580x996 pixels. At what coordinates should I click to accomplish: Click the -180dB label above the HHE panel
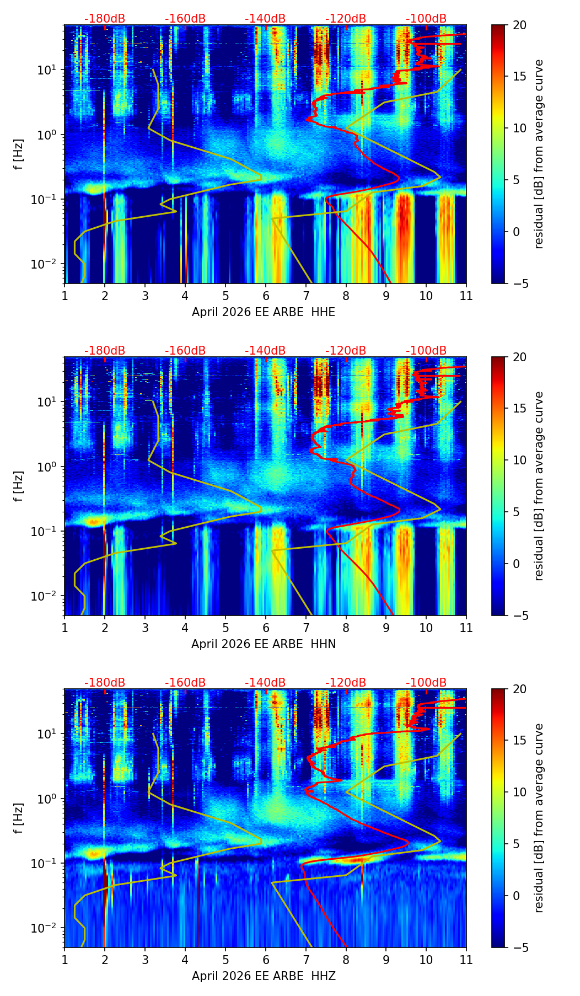[x=105, y=19]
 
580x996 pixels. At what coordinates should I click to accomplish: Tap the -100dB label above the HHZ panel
[x=426, y=683]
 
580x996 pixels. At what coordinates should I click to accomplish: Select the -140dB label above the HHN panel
[x=265, y=351]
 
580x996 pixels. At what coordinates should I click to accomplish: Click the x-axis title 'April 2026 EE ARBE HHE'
[x=264, y=312]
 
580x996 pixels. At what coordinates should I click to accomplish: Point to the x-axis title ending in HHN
[x=264, y=644]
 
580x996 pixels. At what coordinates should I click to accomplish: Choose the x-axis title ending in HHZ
[x=264, y=976]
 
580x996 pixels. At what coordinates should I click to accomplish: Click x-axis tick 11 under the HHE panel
[x=466, y=296]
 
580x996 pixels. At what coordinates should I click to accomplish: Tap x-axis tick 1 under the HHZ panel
[x=65, y=960]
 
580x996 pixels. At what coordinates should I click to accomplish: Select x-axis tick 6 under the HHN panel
[x=265, y=628]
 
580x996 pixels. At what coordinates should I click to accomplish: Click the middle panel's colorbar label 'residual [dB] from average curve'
[x=539, y=486]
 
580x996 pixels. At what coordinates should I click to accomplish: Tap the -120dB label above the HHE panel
[x=346, y=19]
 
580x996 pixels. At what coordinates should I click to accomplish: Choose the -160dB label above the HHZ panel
[x=185, y=683]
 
